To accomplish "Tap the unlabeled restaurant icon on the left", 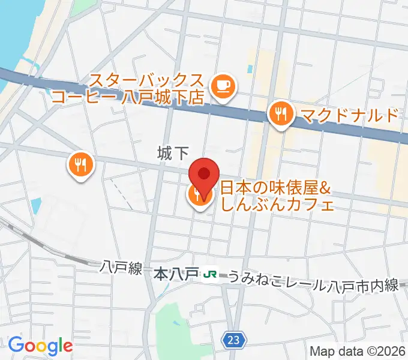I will coord(80,166).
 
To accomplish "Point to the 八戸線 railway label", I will coord(121,268).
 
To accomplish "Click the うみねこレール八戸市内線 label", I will coord(313,279).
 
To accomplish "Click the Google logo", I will coord(40,345).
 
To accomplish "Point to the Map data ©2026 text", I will coord(358,351).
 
